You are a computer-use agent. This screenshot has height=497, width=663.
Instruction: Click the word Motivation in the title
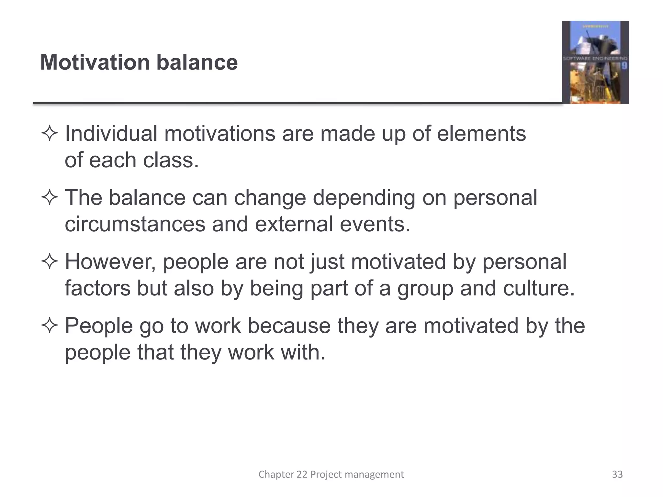95,62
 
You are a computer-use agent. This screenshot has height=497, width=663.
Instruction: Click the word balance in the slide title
197,62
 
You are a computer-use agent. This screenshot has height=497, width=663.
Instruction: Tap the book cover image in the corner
595,62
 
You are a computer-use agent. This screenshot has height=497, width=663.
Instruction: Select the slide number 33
617,474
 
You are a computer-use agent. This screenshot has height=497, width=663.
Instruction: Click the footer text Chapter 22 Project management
331,474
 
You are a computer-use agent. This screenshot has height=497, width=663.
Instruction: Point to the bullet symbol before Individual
50,134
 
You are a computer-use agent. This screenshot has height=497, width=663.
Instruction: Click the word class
171,160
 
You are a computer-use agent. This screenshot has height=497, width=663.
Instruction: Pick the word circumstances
135,224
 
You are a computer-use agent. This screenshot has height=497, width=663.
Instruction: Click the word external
294,224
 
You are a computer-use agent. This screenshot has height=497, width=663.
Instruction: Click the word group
425,288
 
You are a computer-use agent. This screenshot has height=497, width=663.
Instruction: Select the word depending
364,198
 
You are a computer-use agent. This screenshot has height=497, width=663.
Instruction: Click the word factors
97,288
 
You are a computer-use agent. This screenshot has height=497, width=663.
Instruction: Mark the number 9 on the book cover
624,66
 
